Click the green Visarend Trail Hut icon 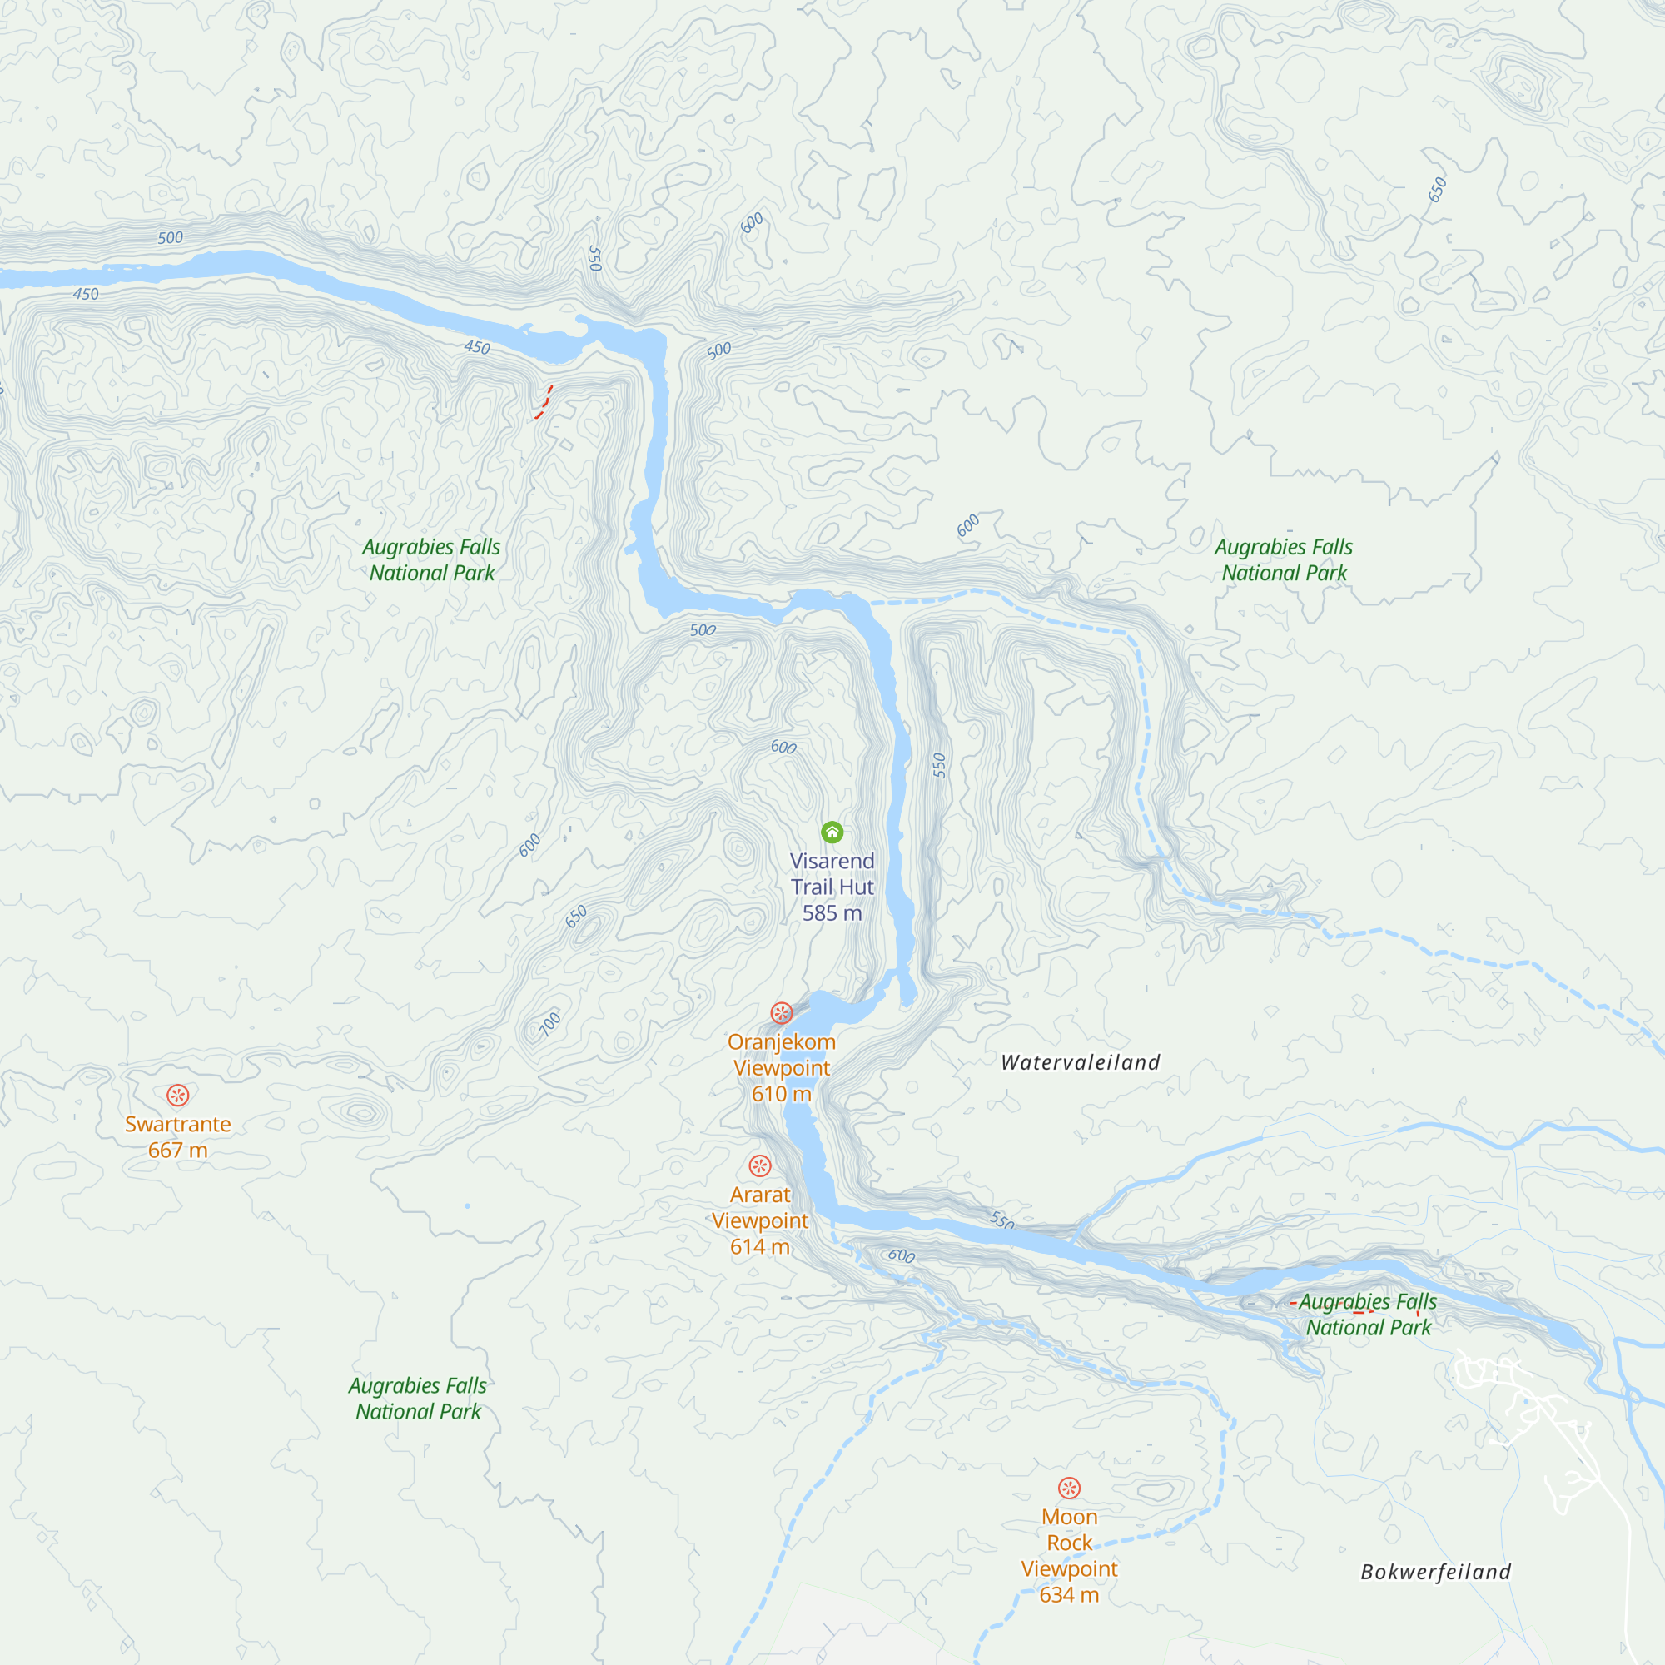(x=832, y=832)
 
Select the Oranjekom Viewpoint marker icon (x=782, y=1012)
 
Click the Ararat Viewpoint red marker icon (x=759, y=1166)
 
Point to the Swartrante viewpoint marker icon (x=177, y=1096)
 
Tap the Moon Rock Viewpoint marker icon (x=1069, y=1489)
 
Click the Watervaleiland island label (x=1080, y=1062)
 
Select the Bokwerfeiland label (x=1435, y=1572)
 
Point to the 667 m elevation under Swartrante (x=177, y=1151)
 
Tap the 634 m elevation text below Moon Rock (x=1069, y=1595)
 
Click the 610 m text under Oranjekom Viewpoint (x=781, y=1095)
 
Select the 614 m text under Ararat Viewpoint (x=759, y=1247)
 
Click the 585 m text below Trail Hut (x=832, y=913)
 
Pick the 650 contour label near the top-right (x=1437, y=190)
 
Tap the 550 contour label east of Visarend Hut (x=939, y=765)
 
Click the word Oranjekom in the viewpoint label (x=781, y=1042)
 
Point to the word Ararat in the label (x=759, y=1195)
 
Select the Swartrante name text (x=177, y=1125)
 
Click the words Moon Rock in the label (x=1069, y=1529)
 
